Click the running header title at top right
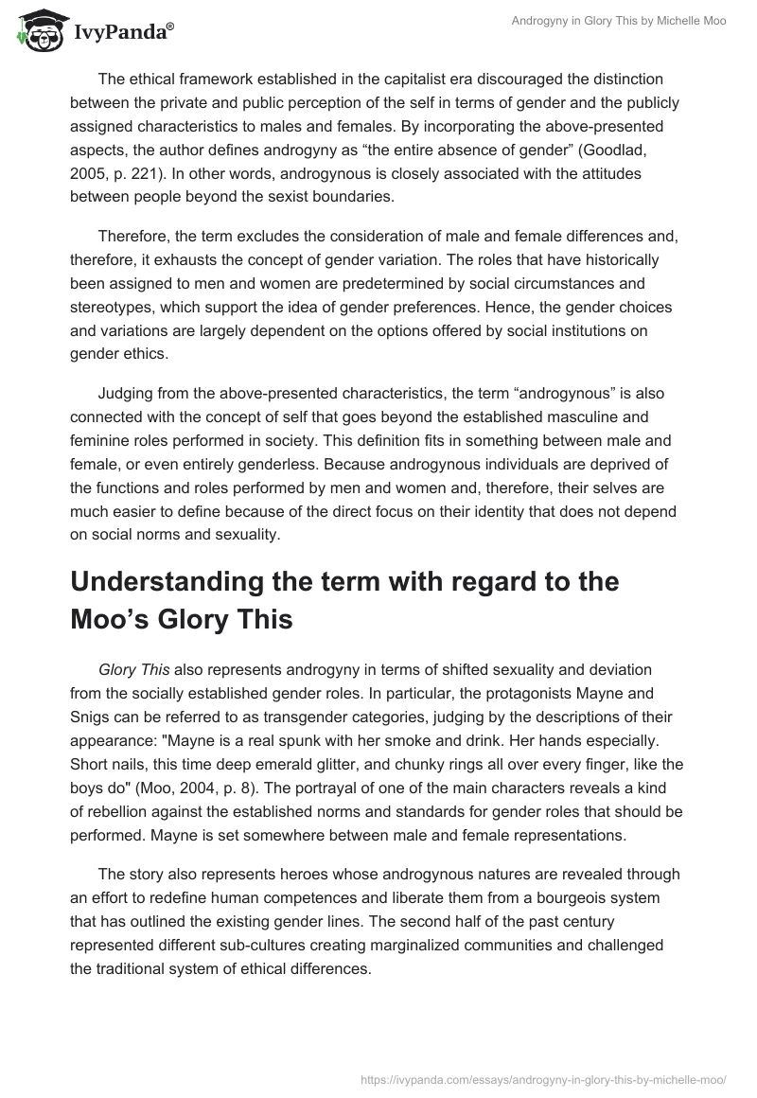(620, 22)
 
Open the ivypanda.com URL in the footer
(544, 1078)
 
